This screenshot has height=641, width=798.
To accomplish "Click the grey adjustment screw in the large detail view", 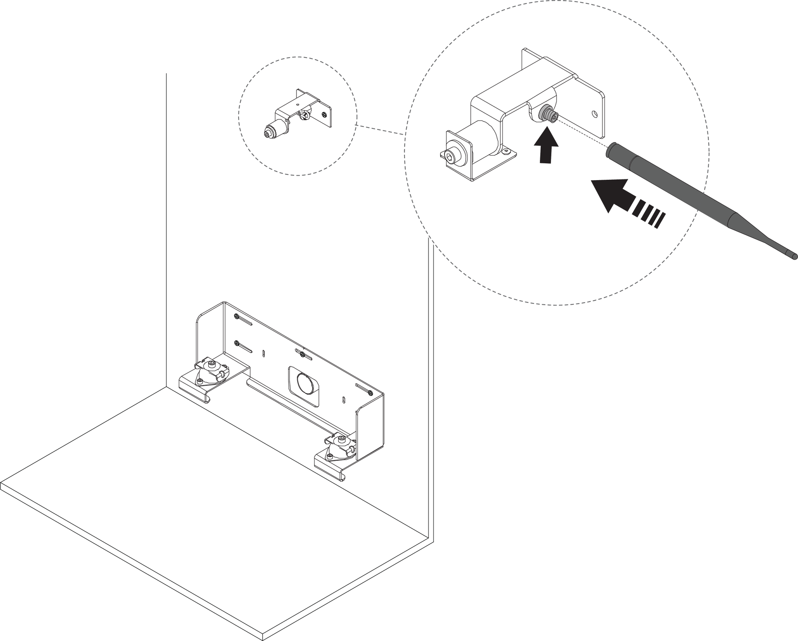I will [x=547, y=114].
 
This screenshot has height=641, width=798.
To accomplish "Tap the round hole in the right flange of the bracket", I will [x=595, y=114].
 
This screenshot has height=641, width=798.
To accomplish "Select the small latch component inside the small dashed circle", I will [x=297, y=116].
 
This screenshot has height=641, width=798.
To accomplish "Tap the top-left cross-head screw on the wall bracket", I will [x=237, y=316].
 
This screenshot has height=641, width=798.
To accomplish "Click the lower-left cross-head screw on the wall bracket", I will [x=237, y=343].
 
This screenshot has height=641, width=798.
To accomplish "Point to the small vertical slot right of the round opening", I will [x=344, y=399].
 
